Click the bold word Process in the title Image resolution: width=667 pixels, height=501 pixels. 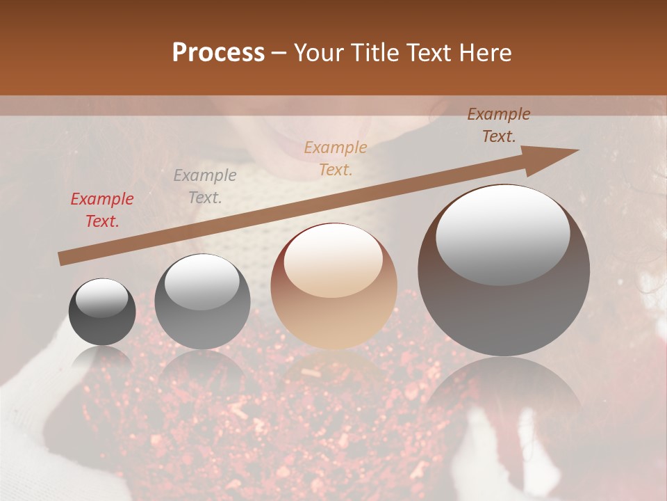click(x=218, y=53)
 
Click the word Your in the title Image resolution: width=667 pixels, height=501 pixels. click(x=317, y=53)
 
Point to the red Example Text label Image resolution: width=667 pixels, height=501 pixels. click(x=102, y=210)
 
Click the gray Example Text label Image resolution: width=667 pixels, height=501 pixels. click(x=205, y=186)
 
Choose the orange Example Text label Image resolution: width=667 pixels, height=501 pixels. click(x=336, y=158)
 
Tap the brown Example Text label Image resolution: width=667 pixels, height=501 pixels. click(x=499, y=125)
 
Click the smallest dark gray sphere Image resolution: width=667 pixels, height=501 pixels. click(x=103, y=312)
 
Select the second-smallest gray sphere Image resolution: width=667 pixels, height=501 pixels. click(x=202, y=301)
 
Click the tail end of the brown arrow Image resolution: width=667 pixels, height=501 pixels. click(x=64, y=258)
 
